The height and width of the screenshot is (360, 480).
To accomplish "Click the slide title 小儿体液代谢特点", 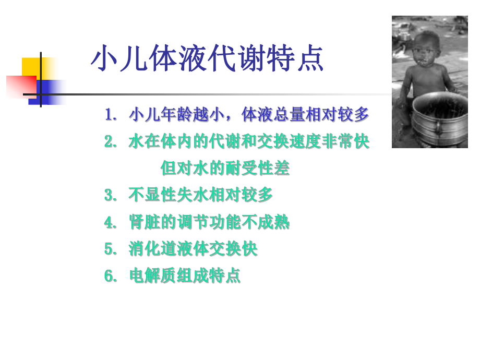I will (207, 58).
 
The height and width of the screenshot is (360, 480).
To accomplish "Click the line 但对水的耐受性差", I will (225, 169).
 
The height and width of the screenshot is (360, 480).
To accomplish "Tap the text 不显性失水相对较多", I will (201, 196).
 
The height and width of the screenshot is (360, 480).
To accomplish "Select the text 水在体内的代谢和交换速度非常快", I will (249, 142).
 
